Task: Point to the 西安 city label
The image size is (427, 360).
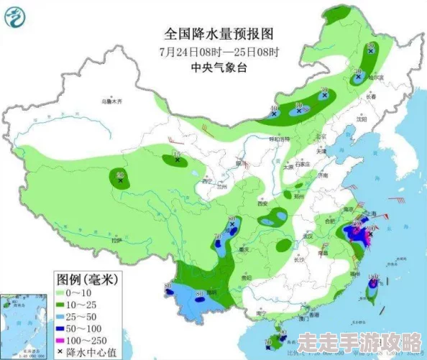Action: pos(264,205)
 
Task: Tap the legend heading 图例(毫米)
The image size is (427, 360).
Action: pos(88,279)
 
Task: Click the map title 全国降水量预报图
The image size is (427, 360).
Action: pos(219,33)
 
